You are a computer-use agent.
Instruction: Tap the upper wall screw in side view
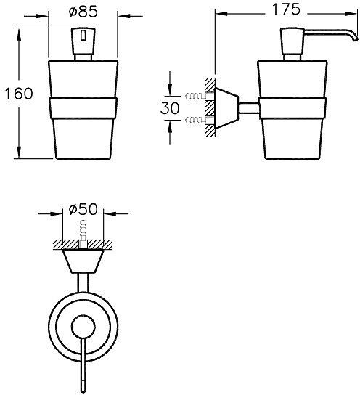click(196, 95)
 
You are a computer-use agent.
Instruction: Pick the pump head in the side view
click(290, 45)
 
